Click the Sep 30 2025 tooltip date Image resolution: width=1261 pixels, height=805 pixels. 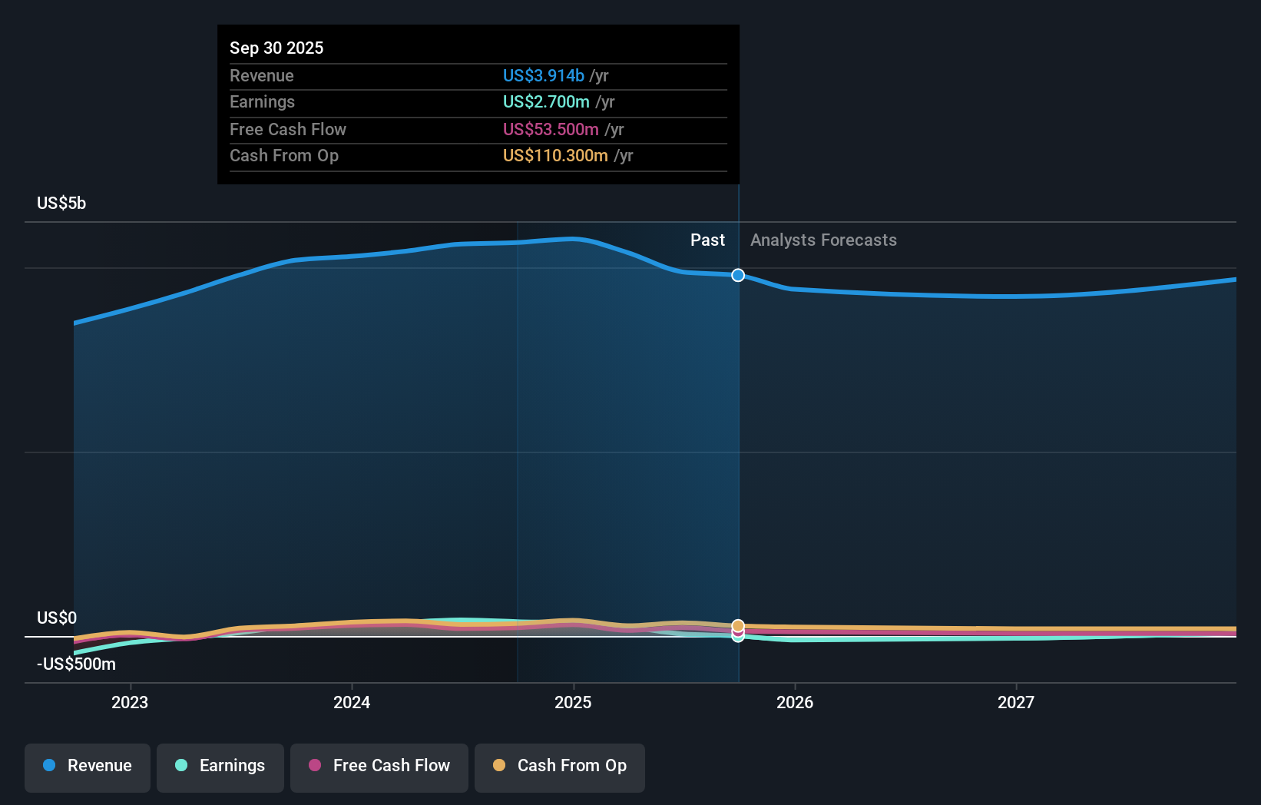tap(276, 48)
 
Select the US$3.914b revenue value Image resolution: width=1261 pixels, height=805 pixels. tap(543, 75)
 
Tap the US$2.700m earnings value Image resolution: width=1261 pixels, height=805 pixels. tap(546, 101)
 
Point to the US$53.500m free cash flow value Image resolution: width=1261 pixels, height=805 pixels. tap(551, 129)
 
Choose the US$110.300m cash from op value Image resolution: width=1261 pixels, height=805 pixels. tap(555, 155)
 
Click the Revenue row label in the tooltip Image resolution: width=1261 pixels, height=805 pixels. tap(262, 75)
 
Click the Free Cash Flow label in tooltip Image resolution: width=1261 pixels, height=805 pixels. tap(288, 129)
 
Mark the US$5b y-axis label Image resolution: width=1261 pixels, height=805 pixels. tap(61, 203)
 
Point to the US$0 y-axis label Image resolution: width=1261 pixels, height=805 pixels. tap(57, 618)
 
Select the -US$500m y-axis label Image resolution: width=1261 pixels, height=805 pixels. tap(76, 664)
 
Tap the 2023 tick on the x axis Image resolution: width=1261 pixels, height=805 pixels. tap(130, 702)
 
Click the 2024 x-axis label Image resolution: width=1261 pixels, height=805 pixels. tap(352, 702)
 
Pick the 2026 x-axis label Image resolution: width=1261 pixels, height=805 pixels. tap(795, 702)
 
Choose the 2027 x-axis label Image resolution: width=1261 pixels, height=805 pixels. tap(1016, 702)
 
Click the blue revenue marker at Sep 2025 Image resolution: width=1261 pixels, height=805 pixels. tap(738, 275)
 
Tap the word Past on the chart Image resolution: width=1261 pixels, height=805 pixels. tap(707, 240)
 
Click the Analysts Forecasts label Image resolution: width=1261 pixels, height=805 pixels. tap(823, 240)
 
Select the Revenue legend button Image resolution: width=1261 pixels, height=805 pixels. tap(88, 766)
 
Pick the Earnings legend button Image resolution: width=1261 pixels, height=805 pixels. tap(220, 766)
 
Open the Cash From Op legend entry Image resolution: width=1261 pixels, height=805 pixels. tap(560, 766)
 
